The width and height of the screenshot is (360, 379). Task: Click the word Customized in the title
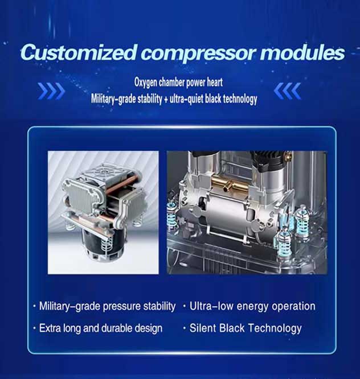coord(79,52)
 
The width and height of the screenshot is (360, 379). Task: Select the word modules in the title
coord(302,52)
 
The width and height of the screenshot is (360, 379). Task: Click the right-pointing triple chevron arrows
coord(51,91)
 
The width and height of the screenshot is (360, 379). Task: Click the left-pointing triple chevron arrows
coord(288,91)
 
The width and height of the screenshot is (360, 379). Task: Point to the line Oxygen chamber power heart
coord(178,83)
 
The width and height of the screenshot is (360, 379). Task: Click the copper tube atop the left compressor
coord(122,184)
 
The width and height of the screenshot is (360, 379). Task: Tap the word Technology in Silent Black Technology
coord(275,328)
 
